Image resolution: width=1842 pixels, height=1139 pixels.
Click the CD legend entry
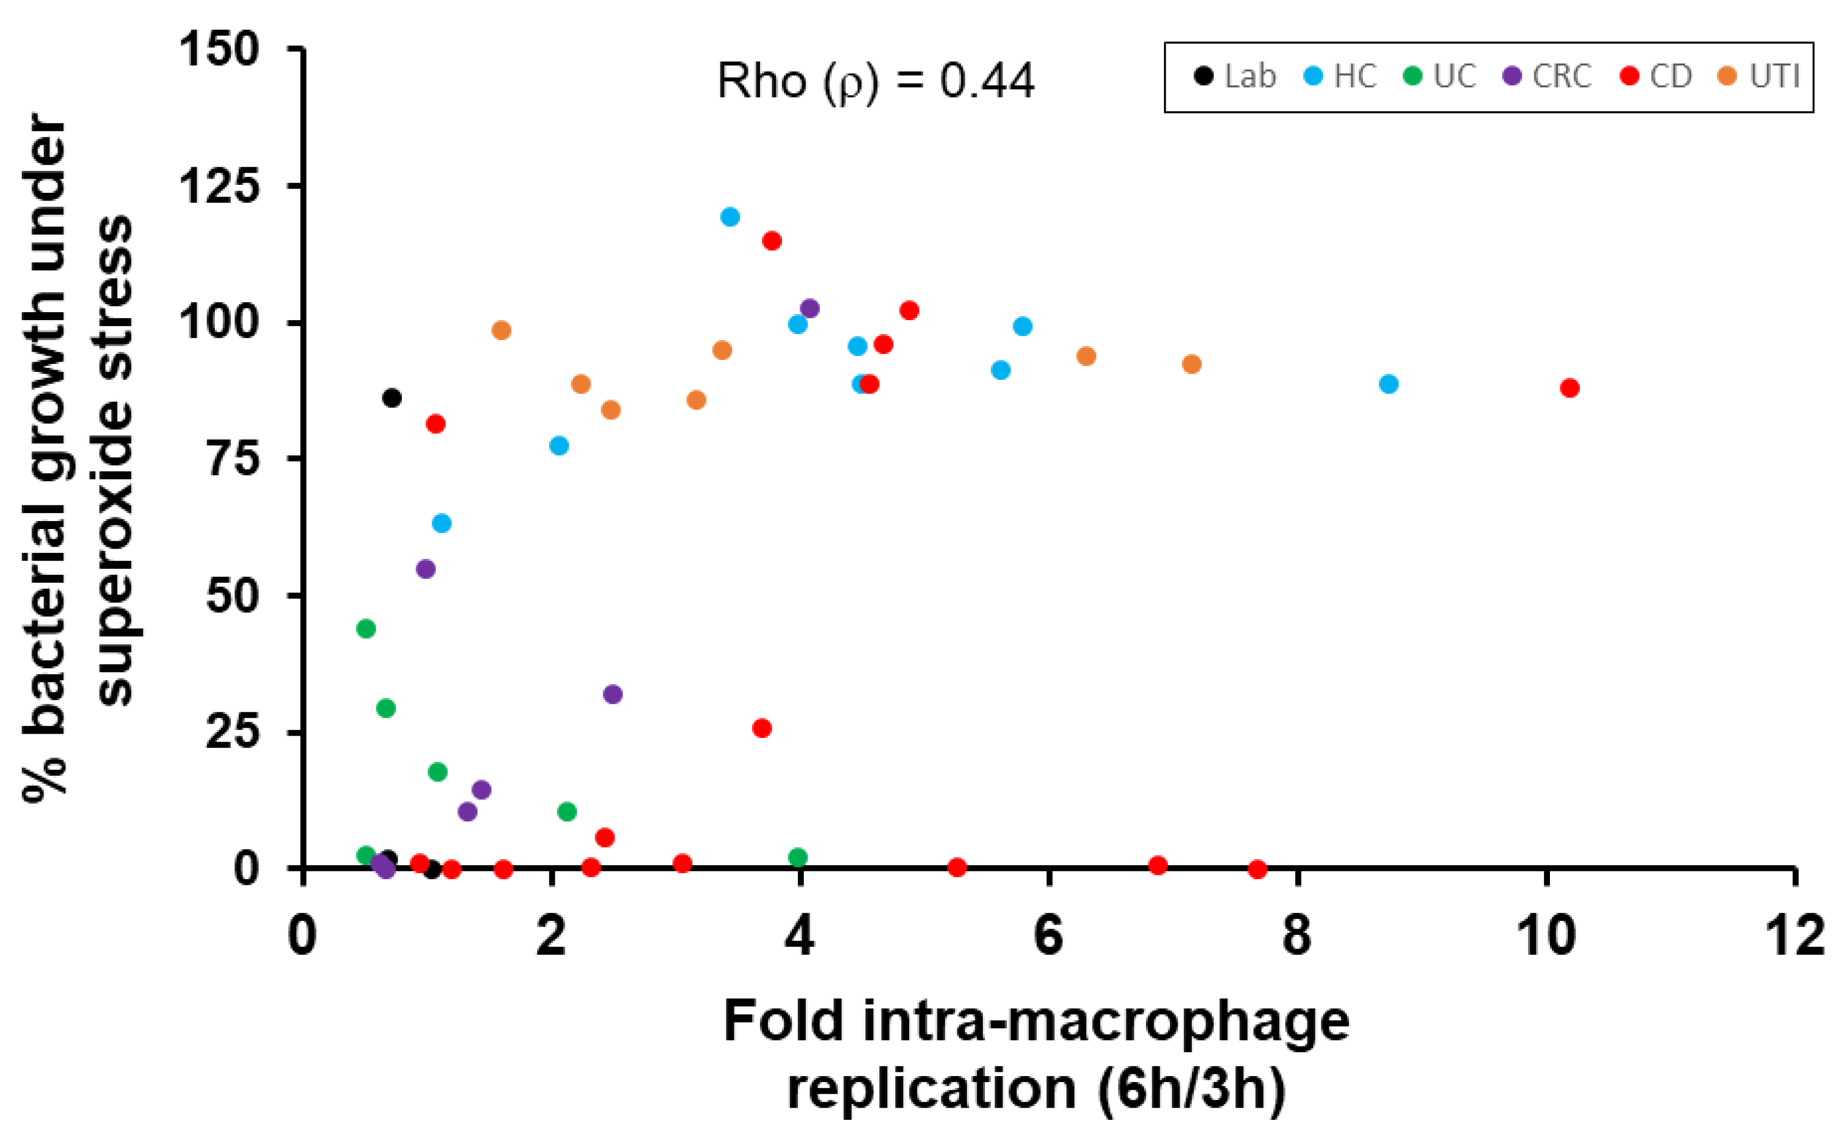tap(1655, 77)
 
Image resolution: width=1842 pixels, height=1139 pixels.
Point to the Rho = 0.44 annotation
tap(875, 82)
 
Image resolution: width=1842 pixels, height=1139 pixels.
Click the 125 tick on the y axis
tap(218, 185)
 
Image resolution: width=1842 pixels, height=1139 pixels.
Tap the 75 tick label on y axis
tap(233, 458)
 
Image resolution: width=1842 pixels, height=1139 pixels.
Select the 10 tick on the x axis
tap(1546, 937)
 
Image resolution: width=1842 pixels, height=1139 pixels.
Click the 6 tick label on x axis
tap(1048, 937)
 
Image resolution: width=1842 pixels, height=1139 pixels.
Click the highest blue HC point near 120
tap(730, 217)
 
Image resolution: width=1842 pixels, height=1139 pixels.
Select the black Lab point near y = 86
tap(391, 398)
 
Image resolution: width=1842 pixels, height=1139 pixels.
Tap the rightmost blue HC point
tap(1388, 384)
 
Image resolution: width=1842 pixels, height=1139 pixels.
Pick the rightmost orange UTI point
tap(1191, 364)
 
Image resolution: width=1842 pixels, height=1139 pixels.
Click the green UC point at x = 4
tap(797, 857)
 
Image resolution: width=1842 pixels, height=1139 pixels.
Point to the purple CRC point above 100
tap(810, 308)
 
